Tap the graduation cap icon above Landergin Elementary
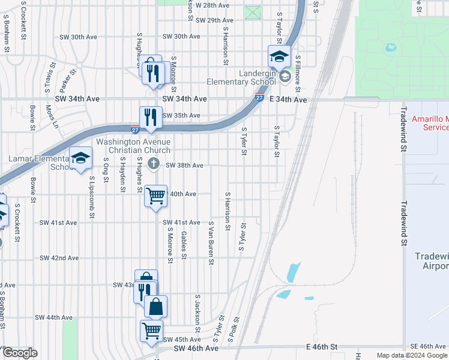pos(279,57)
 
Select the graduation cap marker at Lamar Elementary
pos(80,158)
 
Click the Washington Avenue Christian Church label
pos(133,146)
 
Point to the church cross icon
pos(154,163)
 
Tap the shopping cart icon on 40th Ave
pos(155,196)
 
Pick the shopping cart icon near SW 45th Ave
pos(151,330)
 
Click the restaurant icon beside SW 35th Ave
pos(151,117)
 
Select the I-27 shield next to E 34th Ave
pos(259,97)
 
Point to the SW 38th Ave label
pos(184,165)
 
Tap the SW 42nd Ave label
pos(59,258)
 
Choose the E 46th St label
pos(323,347)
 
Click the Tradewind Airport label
pos(432,260)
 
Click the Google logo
pos(19,353)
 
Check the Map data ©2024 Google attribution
pos(411,355)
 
